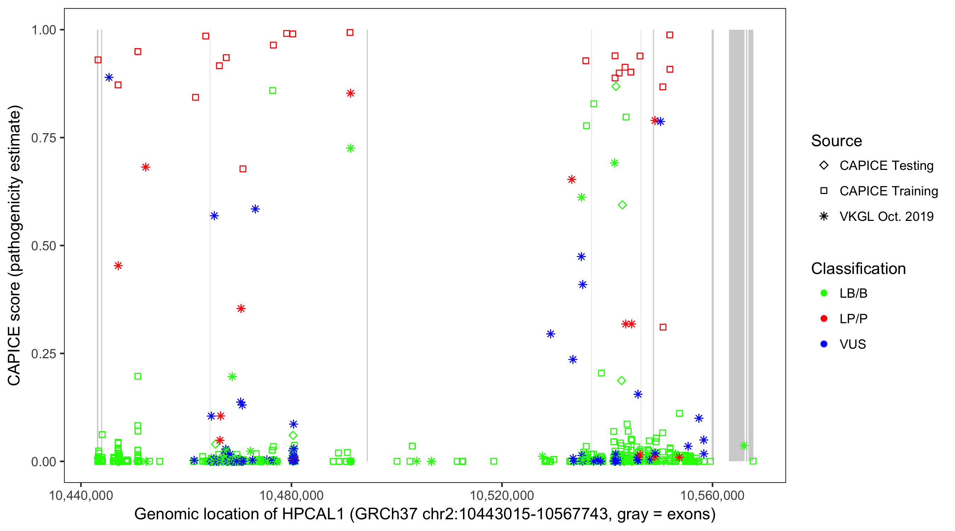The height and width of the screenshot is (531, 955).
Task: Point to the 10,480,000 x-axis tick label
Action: click(x=291, y=496)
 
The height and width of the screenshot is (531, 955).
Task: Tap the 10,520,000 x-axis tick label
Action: click(x=502, y=496)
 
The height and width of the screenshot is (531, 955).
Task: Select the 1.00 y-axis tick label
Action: click(x=44, y=30)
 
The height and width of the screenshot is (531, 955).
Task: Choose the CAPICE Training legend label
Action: click(x=889, y=191)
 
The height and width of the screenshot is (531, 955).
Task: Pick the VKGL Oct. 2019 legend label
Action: click(x=886, y=216)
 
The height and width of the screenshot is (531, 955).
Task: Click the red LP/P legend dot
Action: click(x=824, y=319)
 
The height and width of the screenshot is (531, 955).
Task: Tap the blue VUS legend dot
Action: click(x=824, y=344)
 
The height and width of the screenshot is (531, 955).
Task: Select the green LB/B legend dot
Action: click(x=824, y=293)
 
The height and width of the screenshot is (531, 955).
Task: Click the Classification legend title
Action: click(x=858, y=269)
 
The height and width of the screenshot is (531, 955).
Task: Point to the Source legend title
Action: click(x=837, y=141)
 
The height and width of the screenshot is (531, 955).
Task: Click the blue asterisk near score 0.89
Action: click(x=109, y=78)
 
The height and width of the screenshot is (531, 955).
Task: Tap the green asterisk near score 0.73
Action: click(x=350, y=148)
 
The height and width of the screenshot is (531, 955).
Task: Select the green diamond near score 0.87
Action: click(x=616, y=86)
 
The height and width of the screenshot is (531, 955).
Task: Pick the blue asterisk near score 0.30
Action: click(x=550, y=334)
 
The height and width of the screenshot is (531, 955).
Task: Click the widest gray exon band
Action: click(x=736, y=245)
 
